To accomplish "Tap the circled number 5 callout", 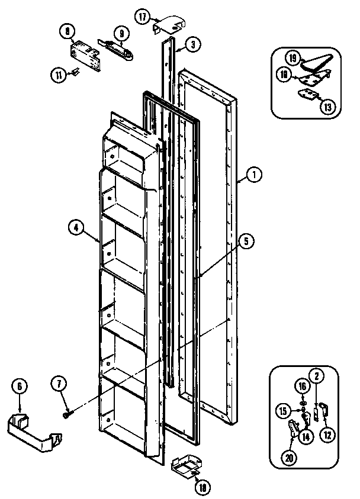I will tap(245, 240).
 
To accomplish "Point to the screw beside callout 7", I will tap(66, 415).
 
